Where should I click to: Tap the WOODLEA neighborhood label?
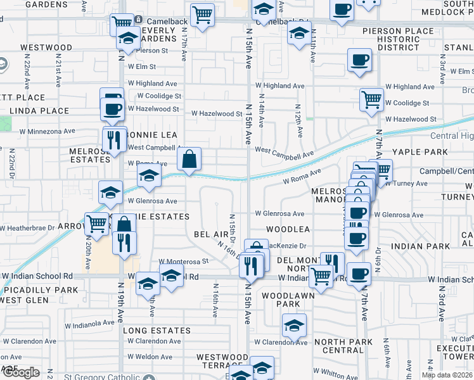tap(288, 229)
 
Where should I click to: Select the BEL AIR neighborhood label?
tap(211, 234)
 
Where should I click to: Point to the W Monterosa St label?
tap(183, 261)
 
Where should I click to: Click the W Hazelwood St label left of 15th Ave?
tap(217, 114)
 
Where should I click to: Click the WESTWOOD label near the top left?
tap(46, 47)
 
